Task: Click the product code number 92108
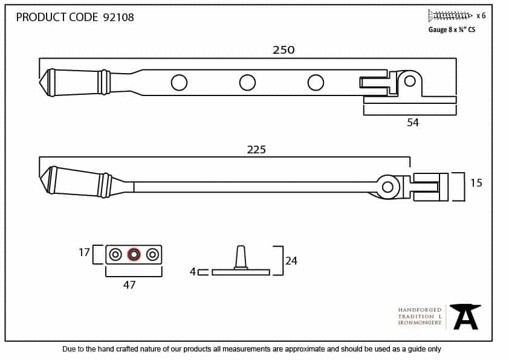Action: tap(118, 17)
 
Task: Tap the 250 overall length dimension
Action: tap(284, 50)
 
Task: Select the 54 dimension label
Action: tap(413, 123)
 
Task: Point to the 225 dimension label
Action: tap(256, 150)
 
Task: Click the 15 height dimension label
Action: tap(476, 183)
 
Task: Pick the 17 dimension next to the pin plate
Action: tap(84, 252)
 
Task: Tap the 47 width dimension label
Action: tap(129, 284)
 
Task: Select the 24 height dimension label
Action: tap(291, 261)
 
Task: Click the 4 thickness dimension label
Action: tap(192, 271)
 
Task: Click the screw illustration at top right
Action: tap(450, 16)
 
